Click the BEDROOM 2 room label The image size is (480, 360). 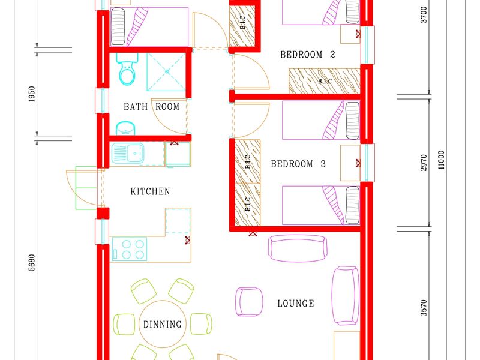pos(308,55)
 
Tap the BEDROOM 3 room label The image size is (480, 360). pos(298,164)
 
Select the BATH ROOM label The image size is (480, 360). pos(152,107)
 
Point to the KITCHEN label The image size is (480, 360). pos(150,191)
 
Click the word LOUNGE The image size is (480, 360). pos(296,304)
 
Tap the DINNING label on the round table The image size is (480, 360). pos(163,324)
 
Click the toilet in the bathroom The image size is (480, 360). pos(127,69)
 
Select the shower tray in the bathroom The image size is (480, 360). pos(166,72)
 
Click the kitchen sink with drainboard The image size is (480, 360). pos(128,153)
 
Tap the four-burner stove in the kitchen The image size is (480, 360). pos(130,249)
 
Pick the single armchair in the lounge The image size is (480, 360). pos(249,302)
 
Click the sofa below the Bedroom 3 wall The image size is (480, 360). pos(297,248)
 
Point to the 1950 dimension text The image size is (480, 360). pos(32,94)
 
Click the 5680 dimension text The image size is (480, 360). pos(32,263)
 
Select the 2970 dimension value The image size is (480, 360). pos(424,163)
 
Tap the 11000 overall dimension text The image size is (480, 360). pos(441,160)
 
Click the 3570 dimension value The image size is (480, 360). pos(424,308)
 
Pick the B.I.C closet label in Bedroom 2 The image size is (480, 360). pos(325,81)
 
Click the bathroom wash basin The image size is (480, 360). pos(125,128)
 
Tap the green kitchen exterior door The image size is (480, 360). pos(86,188)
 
